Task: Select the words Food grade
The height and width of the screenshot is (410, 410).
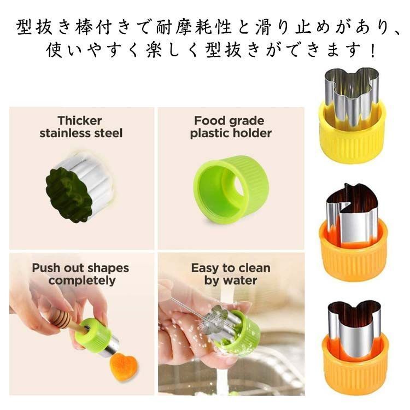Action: click(229, 120)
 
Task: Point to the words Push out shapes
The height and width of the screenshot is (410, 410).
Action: click(80, 268)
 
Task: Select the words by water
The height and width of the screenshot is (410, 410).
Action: click(230, 280)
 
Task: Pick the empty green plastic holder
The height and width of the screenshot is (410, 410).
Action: click(230, 186)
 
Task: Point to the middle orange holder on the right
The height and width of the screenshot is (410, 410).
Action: click(353, 252)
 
